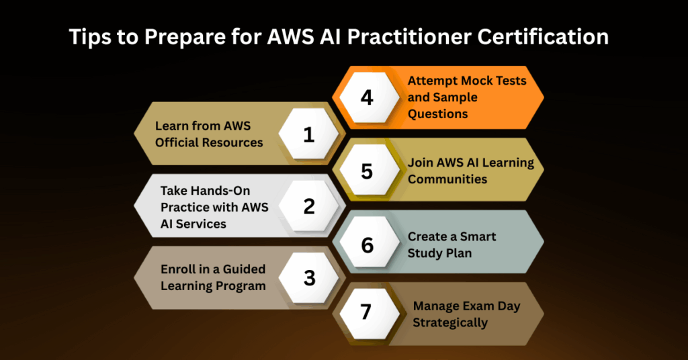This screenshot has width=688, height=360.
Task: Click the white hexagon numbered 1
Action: coord(309,134)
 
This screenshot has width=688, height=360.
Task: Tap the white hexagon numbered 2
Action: coord(309,206)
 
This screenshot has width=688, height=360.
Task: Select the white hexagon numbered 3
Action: coord(309,277)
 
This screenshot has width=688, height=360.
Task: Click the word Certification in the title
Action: coord(543,36)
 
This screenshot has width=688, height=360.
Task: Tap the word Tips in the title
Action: coord(89,37)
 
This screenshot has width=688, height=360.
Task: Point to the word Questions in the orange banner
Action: coord(437,114)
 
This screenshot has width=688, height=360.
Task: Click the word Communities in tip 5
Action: coord(447,179)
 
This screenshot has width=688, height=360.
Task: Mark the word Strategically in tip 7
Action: coord(450,323)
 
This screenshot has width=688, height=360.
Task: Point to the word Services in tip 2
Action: coord(201,224)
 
